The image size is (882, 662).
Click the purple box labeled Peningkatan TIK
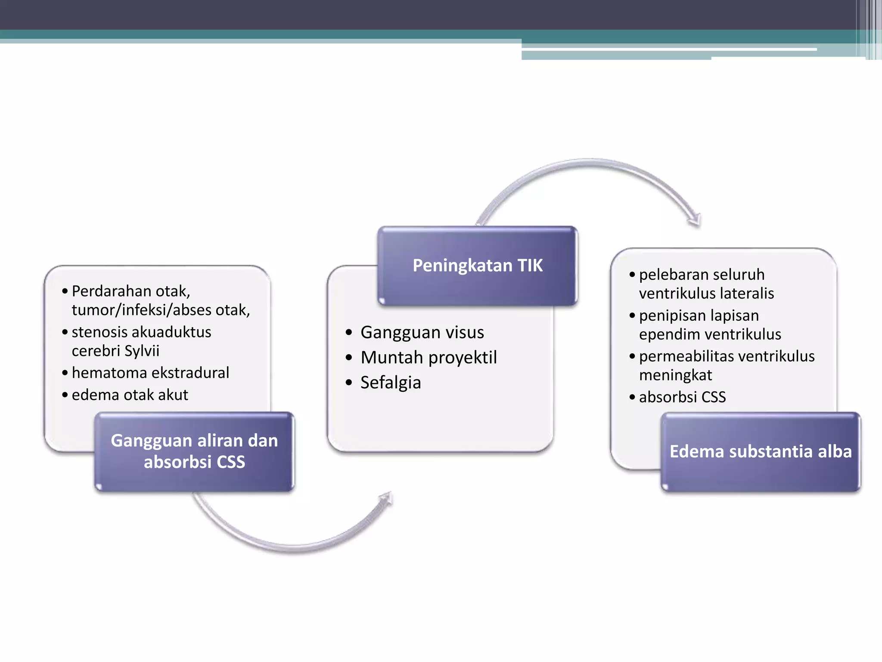pyautogui.click(x=477, y=265)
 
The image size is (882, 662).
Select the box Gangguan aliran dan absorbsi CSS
pyautogui.click(x=194, y=451)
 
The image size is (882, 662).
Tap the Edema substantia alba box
pyautogui.click(x=761, y=451)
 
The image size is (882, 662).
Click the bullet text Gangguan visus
pyautogui.click(x=422, y=332)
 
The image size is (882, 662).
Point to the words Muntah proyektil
pyautogui.click(x=429, y=357)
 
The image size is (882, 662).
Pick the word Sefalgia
pyautogui.click(x=391, y=383)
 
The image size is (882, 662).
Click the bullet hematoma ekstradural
pyautogui.click(x=150, y=373)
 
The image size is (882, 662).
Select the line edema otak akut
pyautogui.click(x=130, y=395)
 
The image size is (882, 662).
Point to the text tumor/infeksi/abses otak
pyautogui.click(x=160, y=310)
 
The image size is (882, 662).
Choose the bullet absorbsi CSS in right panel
pyautogui.click(x=682, y=397)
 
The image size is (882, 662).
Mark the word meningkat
pyautogui.click(x=675, y=375)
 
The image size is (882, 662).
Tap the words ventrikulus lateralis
pyautogui.click(x=706, y=294)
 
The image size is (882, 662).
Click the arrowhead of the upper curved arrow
pyautogui.click(x=695, y=220)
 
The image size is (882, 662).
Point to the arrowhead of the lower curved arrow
pyautogui.click(x=386, y=499)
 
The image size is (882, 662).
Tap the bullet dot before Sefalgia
pyautogui.click(x=349, y=383)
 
